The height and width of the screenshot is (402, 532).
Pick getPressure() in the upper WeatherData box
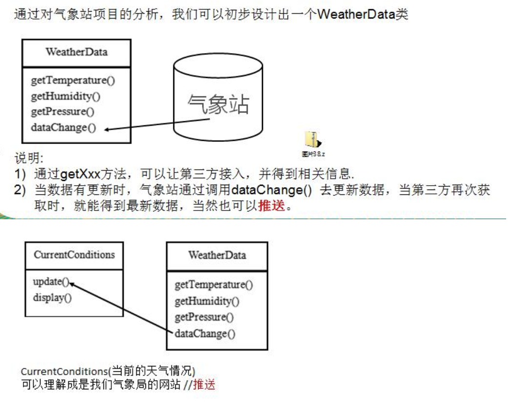tap(62, 112)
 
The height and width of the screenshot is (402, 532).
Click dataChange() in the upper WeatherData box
tap(63, 128)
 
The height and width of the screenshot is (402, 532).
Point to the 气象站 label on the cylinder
tap(218, 104)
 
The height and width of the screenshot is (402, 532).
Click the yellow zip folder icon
tap(311, 140)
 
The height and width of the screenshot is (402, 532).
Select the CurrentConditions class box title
tap(75, 254)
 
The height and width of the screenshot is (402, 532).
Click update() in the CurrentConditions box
tap(51, 282)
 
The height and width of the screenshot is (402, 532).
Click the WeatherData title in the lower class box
tap(217, 255)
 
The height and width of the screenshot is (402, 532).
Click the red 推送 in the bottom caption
tap(205, 385)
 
